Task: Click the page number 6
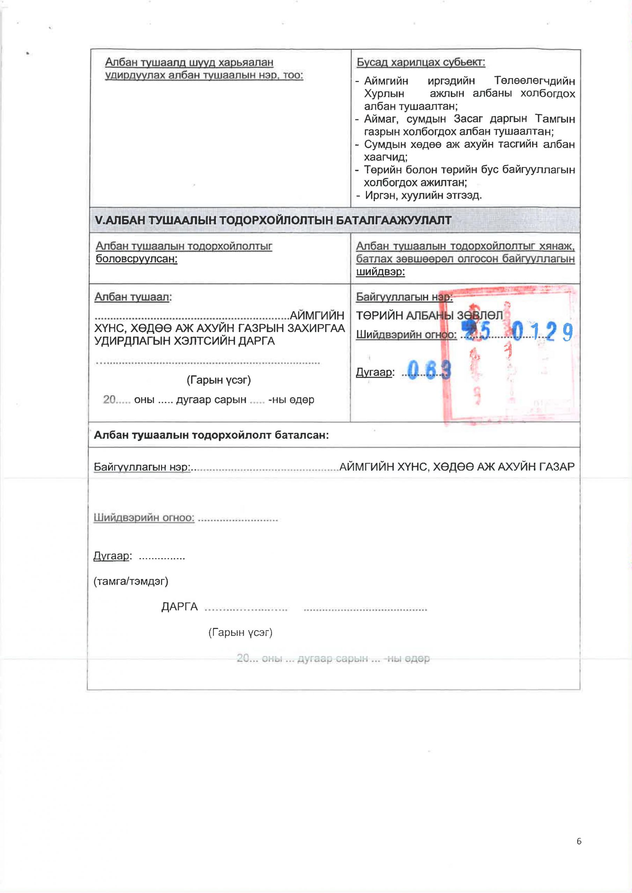[x=579, y=852]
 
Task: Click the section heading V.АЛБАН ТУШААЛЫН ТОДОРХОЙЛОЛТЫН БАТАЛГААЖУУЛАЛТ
[x=273, y=220]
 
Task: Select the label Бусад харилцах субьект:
[x=420, y=62]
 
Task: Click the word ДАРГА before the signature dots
[x=179, y=607]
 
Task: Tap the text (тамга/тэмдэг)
[x=131, y=581]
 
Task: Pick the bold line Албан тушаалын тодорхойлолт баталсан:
[x=211, y=435]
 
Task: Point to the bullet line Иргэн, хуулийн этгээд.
[x=423, y=195]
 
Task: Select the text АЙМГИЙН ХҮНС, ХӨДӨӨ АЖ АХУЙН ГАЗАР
[x=457, y=466]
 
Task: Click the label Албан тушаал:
[x=133, y=297]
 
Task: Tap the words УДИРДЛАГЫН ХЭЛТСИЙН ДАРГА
[x=185, y=341]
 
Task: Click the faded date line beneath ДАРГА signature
[x=333, y=659]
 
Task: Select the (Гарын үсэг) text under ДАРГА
[x=240, y=632]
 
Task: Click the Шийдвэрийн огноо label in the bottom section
[x=144, y=518]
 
